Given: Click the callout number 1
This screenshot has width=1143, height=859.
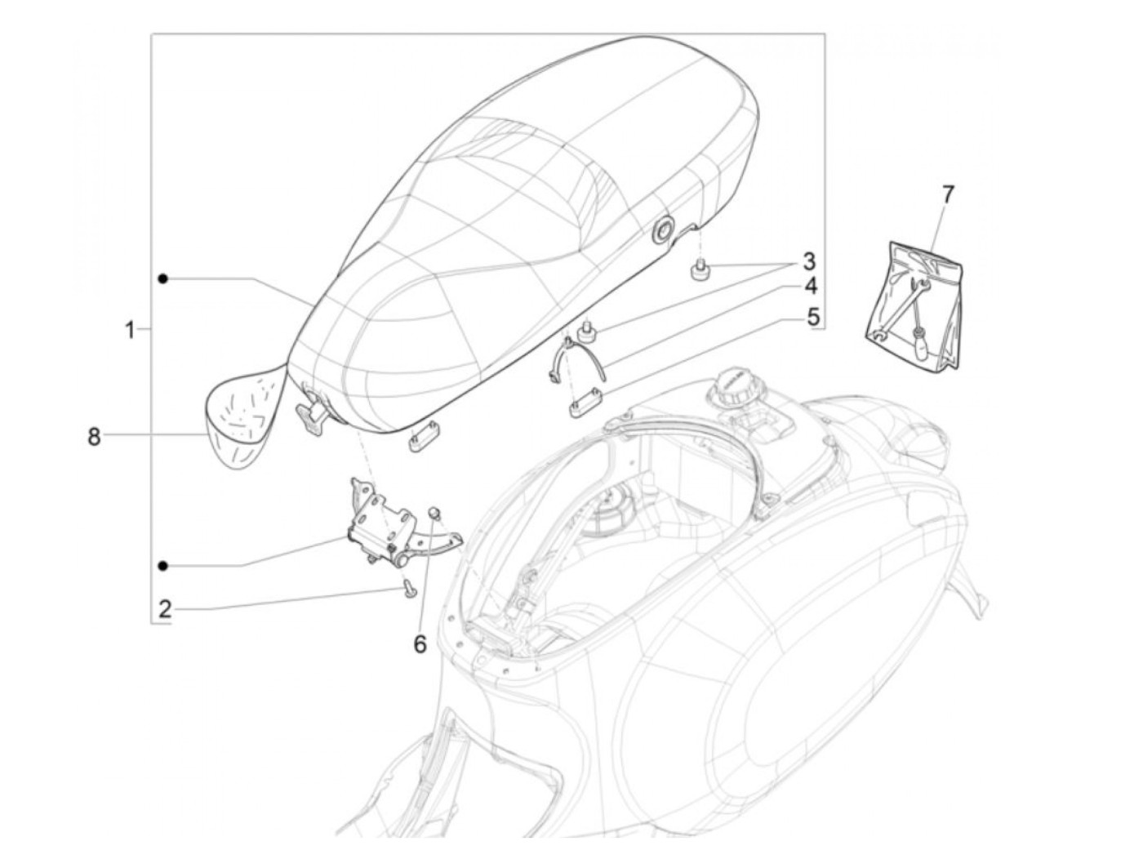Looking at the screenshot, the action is [x=129, y=331].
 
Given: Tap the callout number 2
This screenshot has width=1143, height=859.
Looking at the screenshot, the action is [x=165, y=608].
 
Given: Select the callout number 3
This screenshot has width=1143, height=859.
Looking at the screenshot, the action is [x=808, y=262].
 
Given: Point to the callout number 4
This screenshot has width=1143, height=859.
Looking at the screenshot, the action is [x=809, y=287].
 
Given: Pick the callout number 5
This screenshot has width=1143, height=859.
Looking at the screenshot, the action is [x=813, y=316].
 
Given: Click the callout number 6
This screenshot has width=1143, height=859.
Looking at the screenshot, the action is [x=420, y=644].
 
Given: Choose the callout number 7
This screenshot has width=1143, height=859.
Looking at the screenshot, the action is [x=947, y=194].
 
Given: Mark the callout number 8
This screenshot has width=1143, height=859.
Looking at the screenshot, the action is [x=94, y=437].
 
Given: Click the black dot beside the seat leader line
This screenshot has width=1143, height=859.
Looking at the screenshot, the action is [x=164, y=279].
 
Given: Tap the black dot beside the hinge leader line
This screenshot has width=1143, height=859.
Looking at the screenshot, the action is [x=164, y=565].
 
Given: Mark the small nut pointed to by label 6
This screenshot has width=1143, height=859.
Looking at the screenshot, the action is [x=435, y=512].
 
